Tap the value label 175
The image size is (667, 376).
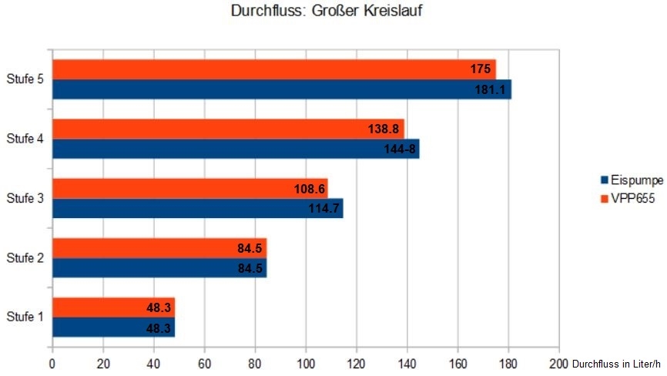[x=480, y=69]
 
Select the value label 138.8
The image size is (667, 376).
[x=383, y=129]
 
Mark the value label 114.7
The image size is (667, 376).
[x=323, y=208]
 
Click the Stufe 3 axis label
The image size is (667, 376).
[x=24, y=198]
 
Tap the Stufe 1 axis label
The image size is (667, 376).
[x=24, y=317]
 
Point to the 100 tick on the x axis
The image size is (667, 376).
[x=307, y=363]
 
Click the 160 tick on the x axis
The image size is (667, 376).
[x=458, y=363]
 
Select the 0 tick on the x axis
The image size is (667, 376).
[x=52, y=363]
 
